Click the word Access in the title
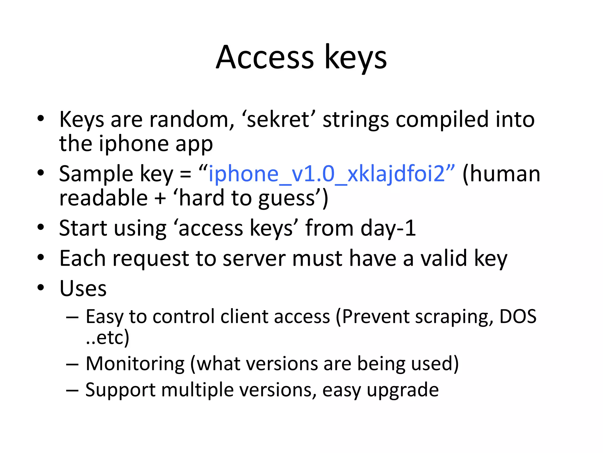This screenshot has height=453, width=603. (265, 58)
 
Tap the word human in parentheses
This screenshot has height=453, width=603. (505, 174)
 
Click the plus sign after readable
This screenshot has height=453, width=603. (160, 198)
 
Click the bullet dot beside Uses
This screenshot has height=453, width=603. (41, 288)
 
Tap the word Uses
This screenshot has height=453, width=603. (83, 288)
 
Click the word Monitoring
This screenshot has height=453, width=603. (135, 364)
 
